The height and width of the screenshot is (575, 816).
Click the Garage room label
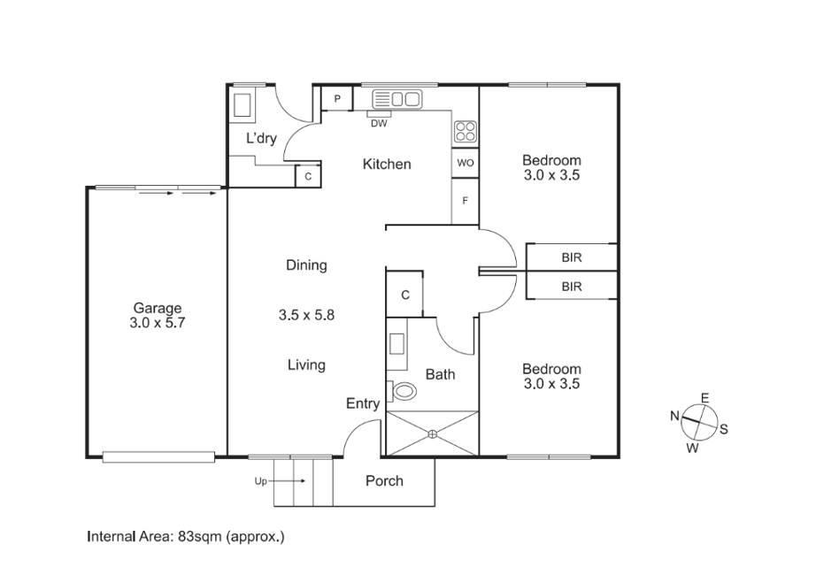pos(158,308)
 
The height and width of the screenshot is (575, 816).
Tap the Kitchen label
pos(387,165)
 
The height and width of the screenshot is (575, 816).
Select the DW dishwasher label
pos(379,124)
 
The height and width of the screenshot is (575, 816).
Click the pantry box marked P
pos(337,98)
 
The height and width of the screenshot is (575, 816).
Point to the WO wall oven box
pos(466,163)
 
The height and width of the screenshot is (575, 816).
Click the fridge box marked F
pos(466,201)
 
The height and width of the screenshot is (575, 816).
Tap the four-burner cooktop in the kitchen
pos(466,132)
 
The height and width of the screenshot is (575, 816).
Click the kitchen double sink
pos(397,98)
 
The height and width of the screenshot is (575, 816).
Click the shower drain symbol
pos(433,433)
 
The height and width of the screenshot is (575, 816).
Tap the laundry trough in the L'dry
pos(242,105)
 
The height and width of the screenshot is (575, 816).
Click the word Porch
pos(385,481)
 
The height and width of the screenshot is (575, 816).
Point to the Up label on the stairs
pos(261,481)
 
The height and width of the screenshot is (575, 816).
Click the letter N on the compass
pos(675,416)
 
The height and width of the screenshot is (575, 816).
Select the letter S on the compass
pos(723,429)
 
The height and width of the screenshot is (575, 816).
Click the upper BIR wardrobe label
pos(572,257)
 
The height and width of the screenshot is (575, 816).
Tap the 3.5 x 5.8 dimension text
pos(306,315)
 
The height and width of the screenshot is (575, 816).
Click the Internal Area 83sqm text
pos(186,536)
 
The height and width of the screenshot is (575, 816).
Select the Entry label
pos(363,403)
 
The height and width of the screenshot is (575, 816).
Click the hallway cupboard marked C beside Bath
pos(404,295)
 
